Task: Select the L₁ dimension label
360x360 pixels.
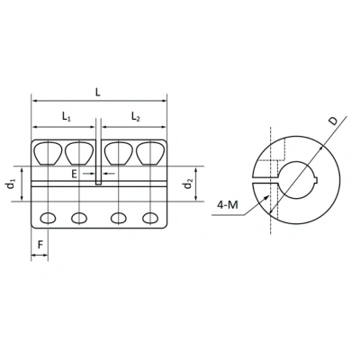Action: [x=66, y=116]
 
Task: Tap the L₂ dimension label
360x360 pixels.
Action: [x=134, y=116]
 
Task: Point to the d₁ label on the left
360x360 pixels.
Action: [x=11, y=184]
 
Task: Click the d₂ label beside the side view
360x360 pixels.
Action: [x=187, y=184]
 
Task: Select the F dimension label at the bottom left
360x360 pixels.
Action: [x=40, y=243]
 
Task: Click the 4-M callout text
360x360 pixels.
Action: [x=228, y=205]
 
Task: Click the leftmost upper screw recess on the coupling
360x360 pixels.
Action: [x=49, y=153]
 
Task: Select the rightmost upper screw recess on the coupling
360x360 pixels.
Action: [x=150, y=153]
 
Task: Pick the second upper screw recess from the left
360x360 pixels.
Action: [x=79, y=153]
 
